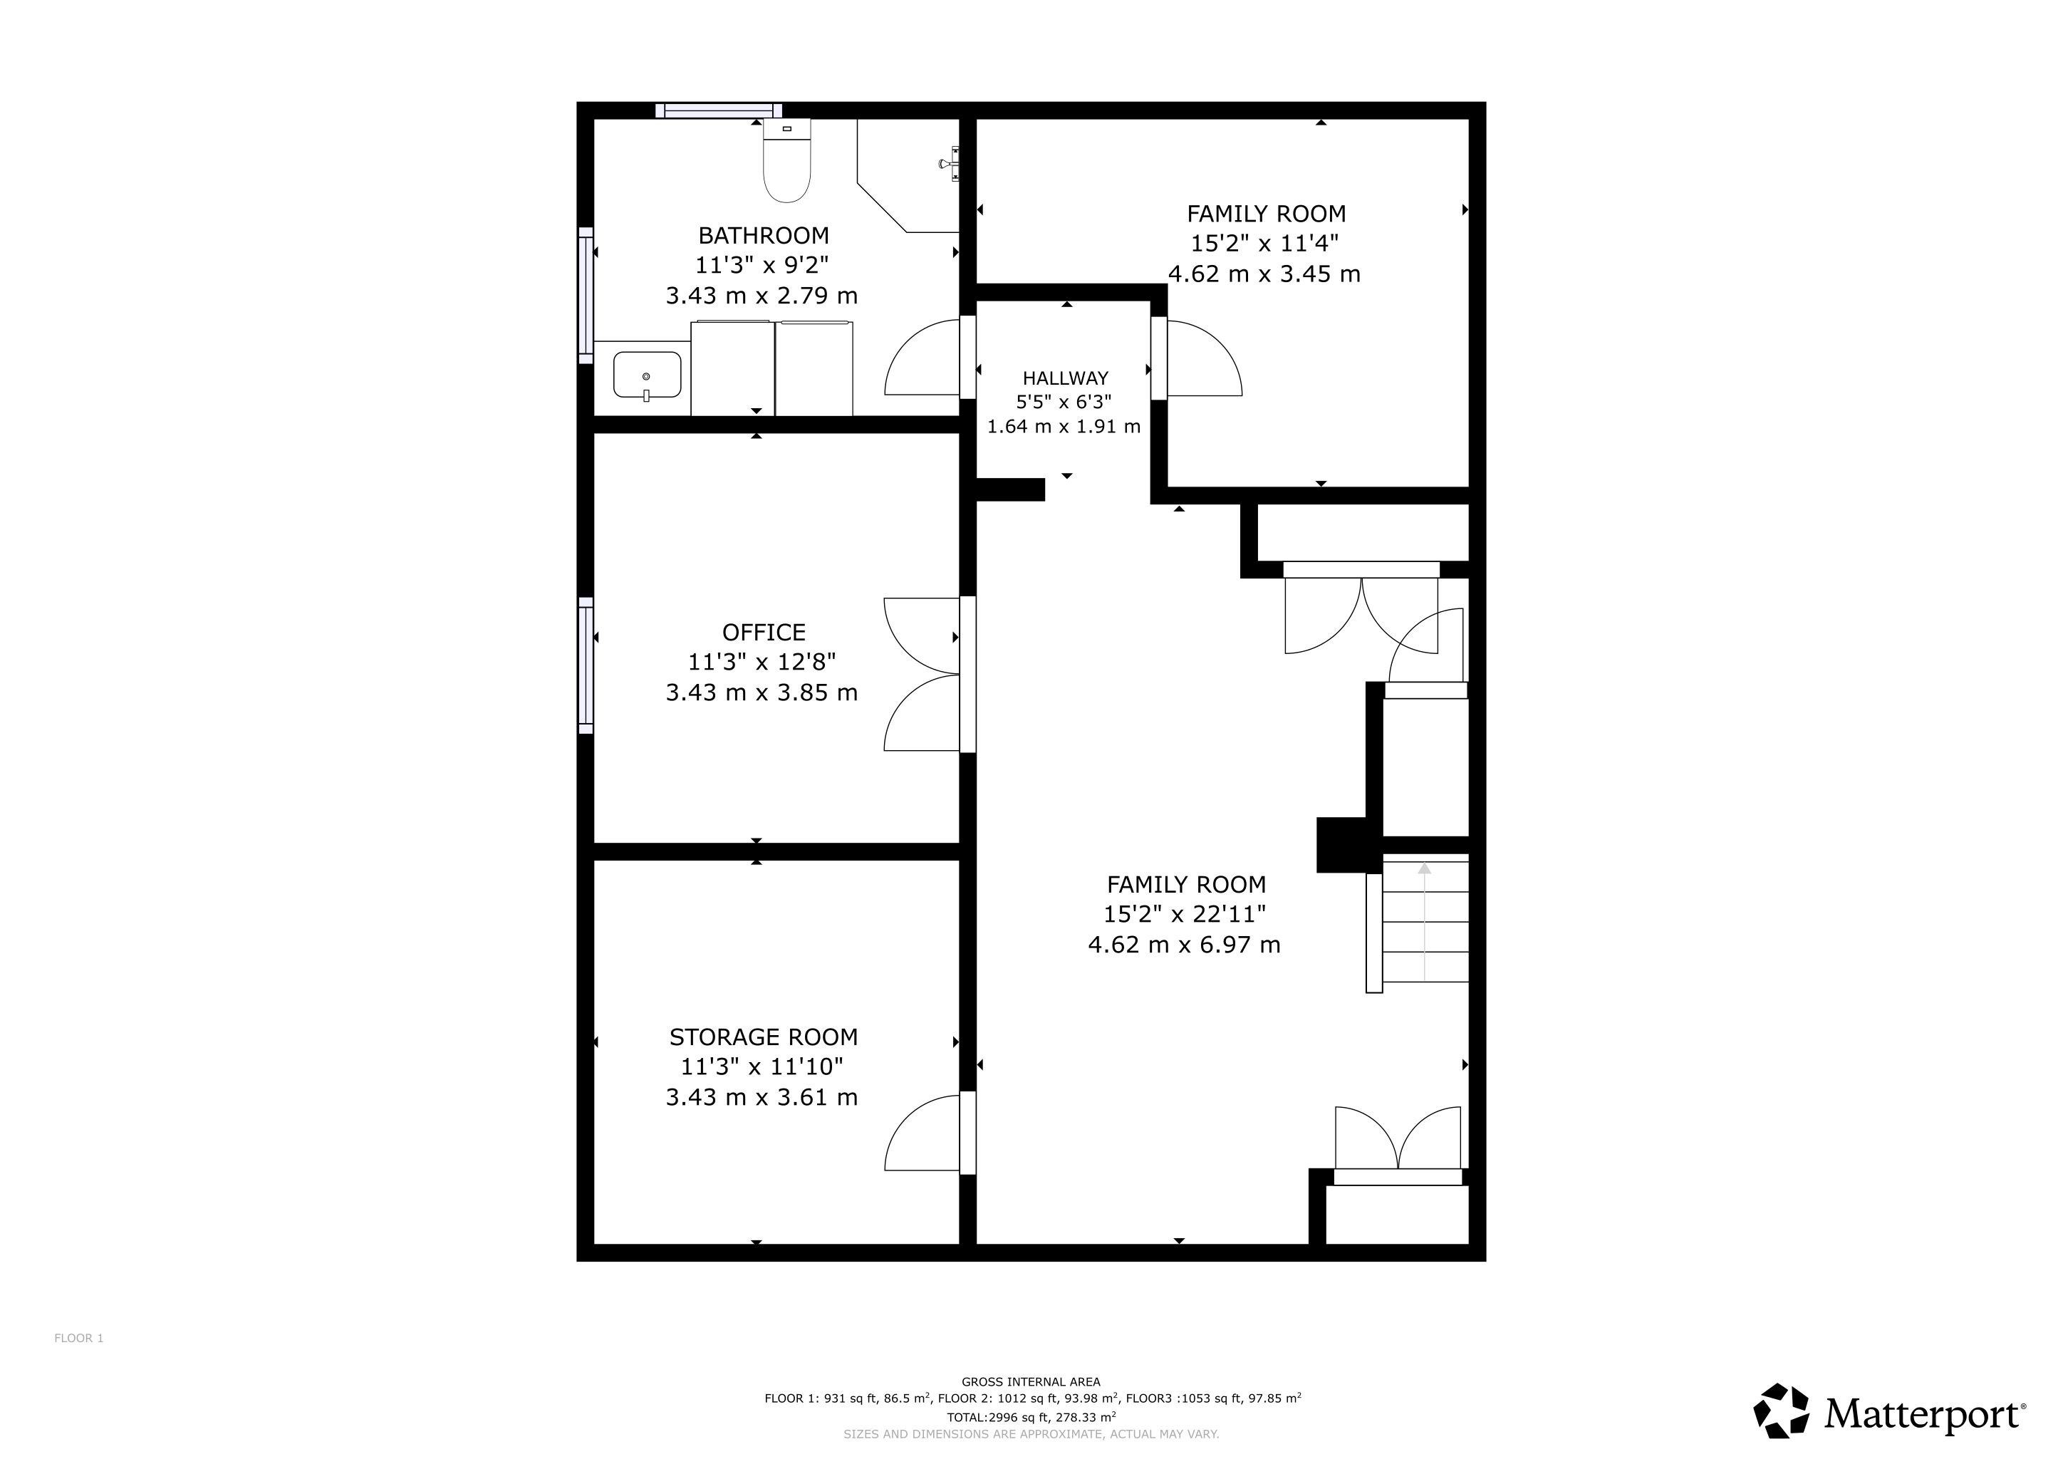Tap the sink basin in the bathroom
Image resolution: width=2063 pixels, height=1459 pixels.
tap(647, 375)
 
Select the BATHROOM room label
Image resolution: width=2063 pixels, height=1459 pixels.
tap(764, 235)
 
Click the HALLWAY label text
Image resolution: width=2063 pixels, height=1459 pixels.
tap(1065, 378)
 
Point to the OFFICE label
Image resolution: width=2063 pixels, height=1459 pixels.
tap(764, 633)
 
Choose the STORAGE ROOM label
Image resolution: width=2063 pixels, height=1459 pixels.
tap(764, 1038)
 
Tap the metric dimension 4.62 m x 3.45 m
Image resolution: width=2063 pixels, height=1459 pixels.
tap(1264, 274)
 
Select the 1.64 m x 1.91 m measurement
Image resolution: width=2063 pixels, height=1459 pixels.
tap(1064, 427)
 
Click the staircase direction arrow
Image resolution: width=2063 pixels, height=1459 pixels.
tap(1424, 921)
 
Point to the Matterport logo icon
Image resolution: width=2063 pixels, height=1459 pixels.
tap(1782, 1411)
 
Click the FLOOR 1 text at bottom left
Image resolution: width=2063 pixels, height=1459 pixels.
tap(79, 1339)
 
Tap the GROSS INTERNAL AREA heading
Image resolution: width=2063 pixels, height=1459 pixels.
tap(1031, 1383)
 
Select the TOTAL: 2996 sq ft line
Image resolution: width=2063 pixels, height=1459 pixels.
tap(1031, 1418)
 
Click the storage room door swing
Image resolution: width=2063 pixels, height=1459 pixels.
tap(922, 1133)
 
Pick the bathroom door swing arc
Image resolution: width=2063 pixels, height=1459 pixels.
tap(922, 357)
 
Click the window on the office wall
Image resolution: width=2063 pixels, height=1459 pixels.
tap(586, 665)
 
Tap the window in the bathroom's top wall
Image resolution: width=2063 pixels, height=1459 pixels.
tap(718, 110)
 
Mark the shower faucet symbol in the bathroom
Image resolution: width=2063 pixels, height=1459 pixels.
tap(949, 164)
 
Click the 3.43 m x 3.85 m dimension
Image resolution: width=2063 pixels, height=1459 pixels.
tap(762, 692)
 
